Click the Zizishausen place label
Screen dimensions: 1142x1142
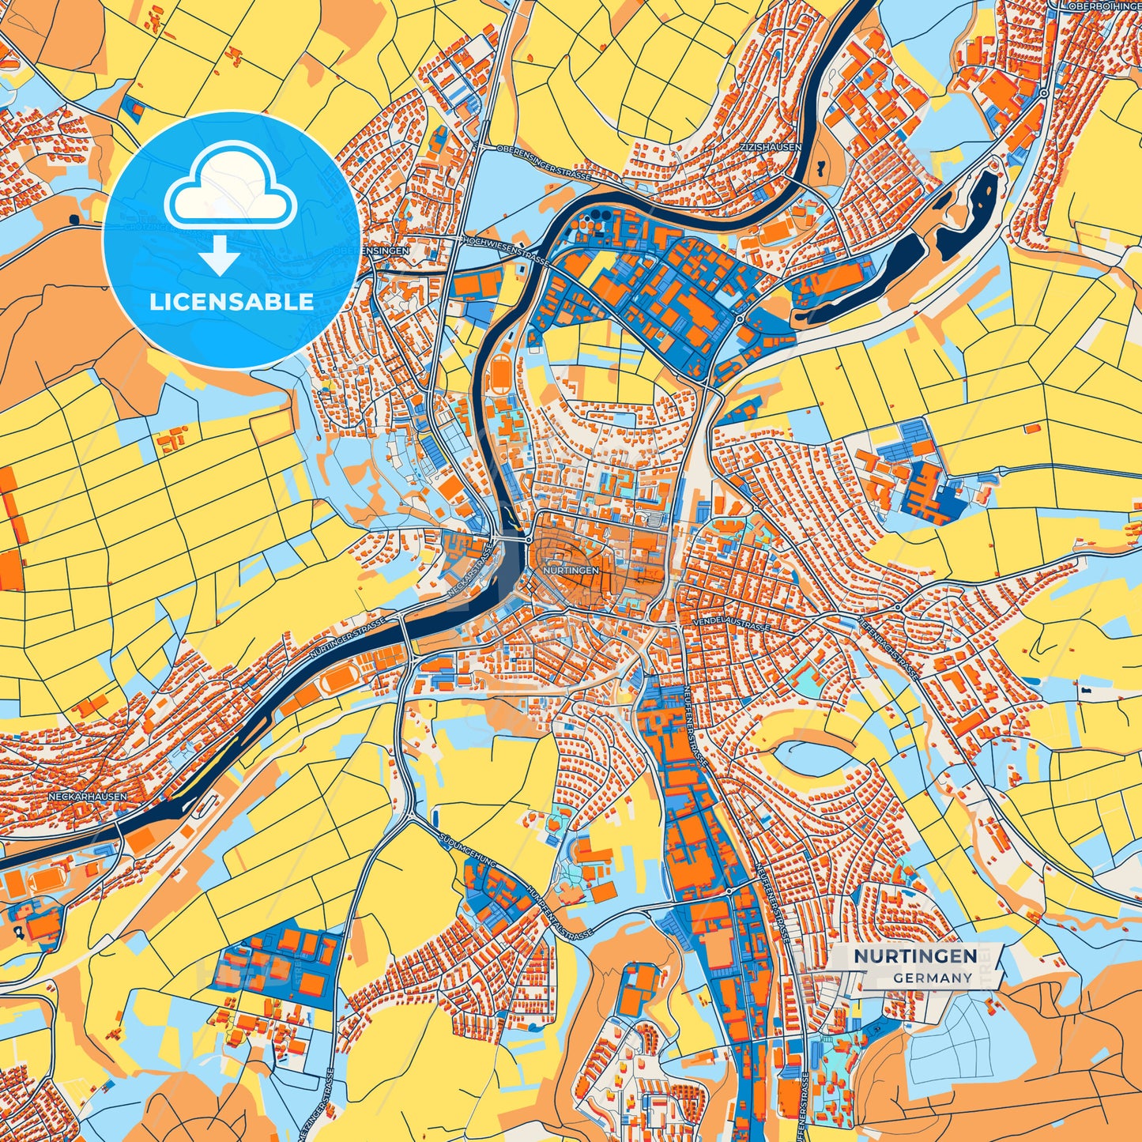[x=770, y=147]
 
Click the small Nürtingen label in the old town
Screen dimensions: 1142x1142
[x=571, y=570]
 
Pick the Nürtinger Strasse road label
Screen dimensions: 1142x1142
[x=348, y=639]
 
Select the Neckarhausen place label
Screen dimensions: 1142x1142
[x=87, y=797]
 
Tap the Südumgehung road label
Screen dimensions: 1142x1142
[x=466, y=850]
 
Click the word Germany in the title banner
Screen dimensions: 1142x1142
[x=933, y=978]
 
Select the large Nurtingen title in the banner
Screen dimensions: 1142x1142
[x=914, y=956]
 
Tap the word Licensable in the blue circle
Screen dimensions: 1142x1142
[x=232, y=302]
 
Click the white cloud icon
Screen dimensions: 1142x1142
[x=230, y=187]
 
